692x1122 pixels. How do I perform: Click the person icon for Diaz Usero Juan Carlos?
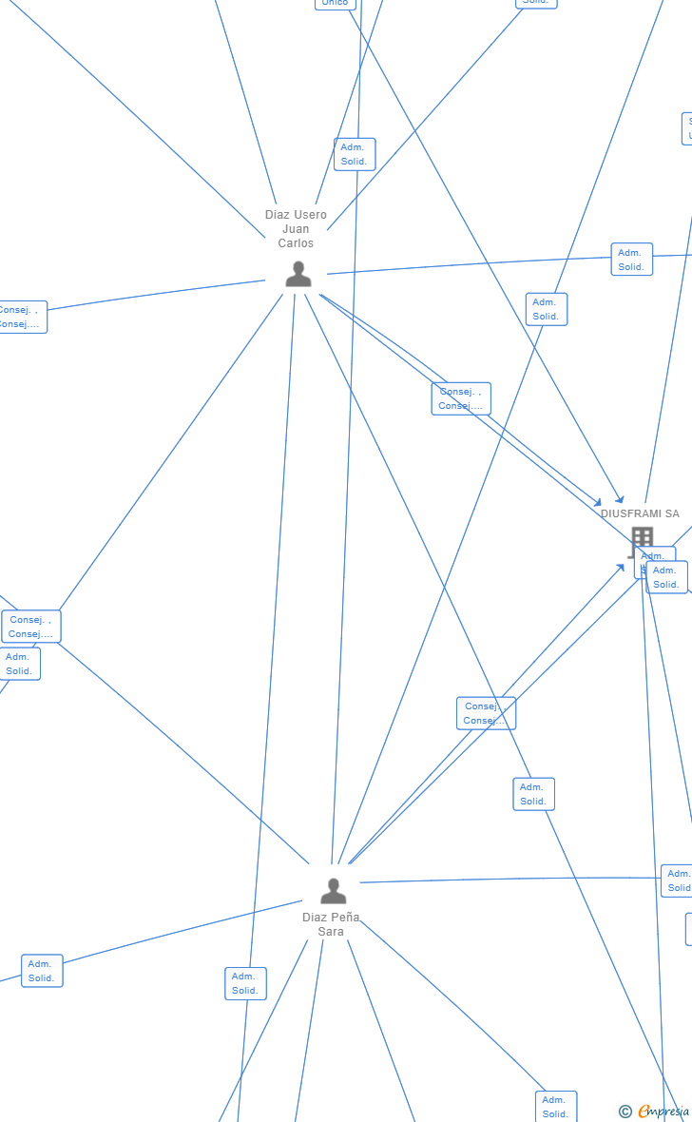pos(298,275)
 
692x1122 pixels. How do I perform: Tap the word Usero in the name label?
pos(310,215)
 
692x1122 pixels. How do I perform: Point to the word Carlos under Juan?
pos(296,243)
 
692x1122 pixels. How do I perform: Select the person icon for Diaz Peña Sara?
pos(333,891)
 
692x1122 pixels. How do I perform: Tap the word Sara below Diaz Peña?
pos(331,932)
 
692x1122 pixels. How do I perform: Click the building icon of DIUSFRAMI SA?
pos(642,538)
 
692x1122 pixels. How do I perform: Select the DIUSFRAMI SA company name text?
pos(640,514)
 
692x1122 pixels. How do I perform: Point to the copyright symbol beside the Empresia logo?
pos(625,1112)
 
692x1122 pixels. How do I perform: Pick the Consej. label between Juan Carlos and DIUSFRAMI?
pos(461,398)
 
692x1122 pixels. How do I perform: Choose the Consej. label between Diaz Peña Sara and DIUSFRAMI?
pos(486,713)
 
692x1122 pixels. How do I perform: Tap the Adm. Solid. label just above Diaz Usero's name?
pos(355,154)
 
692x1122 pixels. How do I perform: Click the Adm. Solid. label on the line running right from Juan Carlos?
pos(631,260)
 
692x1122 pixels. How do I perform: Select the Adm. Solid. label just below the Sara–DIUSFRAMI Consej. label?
pos(533,794)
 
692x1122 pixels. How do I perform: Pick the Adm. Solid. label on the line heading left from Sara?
pos(42,971)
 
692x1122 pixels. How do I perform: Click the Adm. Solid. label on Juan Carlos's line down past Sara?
pos(245,983)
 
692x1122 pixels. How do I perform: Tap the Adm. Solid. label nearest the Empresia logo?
pos(556,1107)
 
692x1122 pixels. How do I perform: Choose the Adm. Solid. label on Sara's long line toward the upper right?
pos(546,309)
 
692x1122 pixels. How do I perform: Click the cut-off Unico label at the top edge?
pos(335,4)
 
